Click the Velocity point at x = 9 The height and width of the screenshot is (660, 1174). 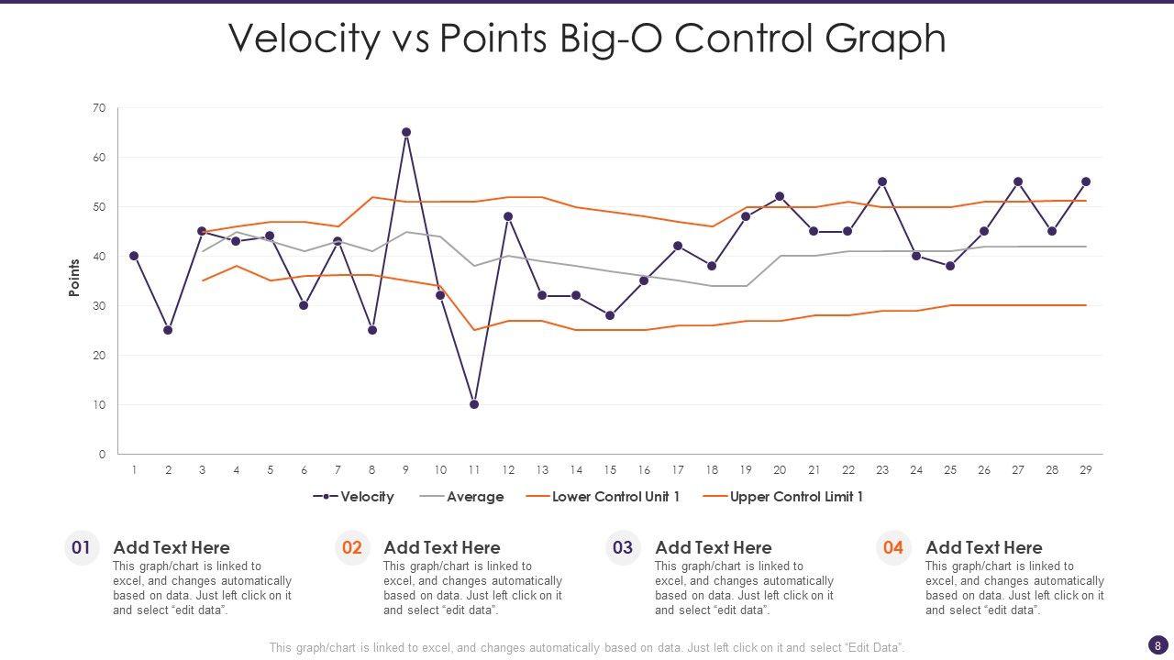[406, 132]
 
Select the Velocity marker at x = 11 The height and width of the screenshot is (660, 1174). [474, 404]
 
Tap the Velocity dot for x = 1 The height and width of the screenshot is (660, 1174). [134, 256]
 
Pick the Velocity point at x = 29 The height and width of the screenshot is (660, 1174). [1086, 181]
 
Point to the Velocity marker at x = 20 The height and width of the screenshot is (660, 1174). [780, 196]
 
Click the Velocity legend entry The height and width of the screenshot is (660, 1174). [354, 497]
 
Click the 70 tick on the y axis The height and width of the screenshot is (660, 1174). [99, 108]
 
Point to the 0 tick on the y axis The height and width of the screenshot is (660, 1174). [102, 455]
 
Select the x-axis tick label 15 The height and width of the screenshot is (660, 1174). [610, 470]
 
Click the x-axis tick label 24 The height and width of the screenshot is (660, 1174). [916, 470]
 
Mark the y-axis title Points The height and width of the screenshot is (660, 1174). [74, 277]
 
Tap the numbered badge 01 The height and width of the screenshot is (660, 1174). [82, 548]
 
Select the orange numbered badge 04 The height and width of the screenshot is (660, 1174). [893, 548]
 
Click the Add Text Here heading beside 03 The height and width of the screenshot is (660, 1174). [713, 547]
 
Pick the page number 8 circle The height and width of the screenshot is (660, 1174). [1157, 645]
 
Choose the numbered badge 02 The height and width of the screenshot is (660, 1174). [352, 548]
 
